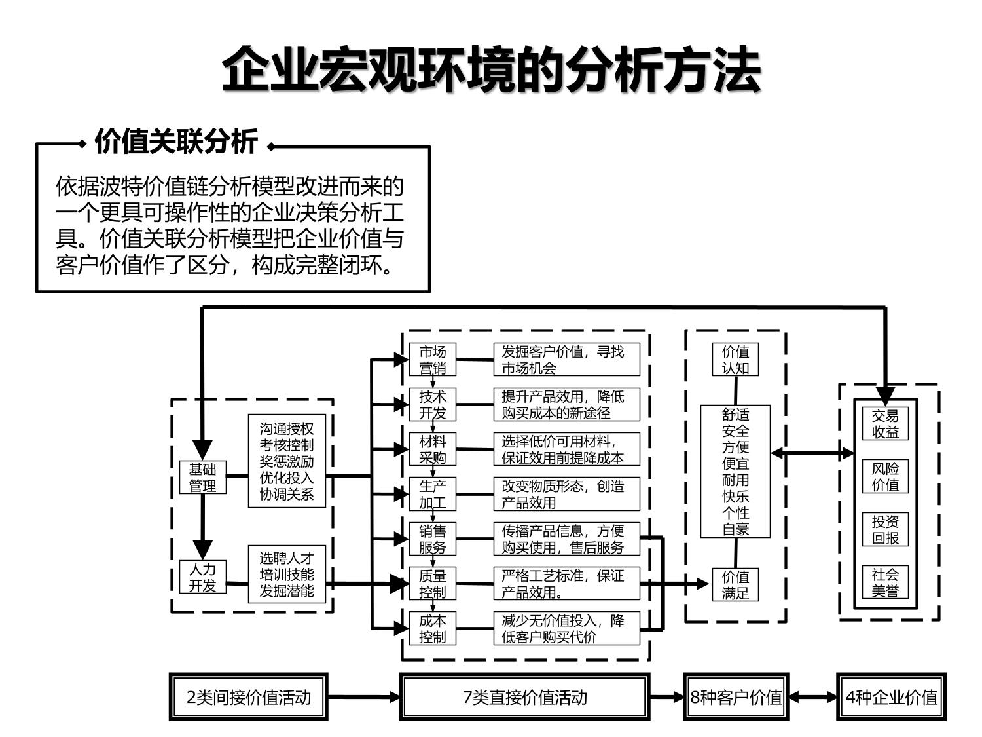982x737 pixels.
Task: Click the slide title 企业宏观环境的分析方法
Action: pos(491,69)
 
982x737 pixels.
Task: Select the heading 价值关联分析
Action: pos(176,142)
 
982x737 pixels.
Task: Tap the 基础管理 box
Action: pos(202,478)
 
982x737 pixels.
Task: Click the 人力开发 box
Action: pos(202,577)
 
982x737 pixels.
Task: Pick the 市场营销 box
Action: pos(432,360)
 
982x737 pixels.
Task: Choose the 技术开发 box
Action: pos(432,404)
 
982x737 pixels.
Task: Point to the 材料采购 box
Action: pos(432,449)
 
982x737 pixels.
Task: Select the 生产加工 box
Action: pos(432,494)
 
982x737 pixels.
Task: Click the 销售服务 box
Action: pos(432,539)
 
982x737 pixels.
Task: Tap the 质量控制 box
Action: pos(432,584)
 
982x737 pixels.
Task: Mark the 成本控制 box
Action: pos(432,628)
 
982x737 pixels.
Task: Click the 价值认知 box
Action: pos(735,360)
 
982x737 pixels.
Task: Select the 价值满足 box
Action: pos(735,585)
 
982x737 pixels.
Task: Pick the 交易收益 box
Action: pos(885,424)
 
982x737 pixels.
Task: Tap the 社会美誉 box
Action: pos(885,582)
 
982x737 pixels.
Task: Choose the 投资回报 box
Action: pos(885,529)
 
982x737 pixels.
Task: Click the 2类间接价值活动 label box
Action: pos(249,697)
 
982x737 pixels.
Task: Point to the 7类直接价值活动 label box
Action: pos(524,697)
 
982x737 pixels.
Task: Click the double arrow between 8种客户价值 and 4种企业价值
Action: pos(812,697)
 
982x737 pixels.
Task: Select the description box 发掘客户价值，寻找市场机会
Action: pos(566,360)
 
